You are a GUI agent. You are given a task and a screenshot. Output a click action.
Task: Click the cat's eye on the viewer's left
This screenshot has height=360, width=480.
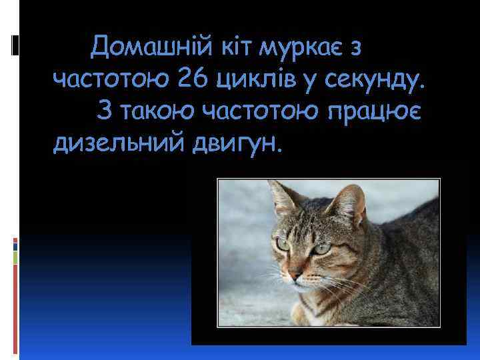(283, 244)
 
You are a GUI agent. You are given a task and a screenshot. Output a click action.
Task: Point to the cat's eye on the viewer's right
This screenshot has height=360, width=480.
(323, 248)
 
